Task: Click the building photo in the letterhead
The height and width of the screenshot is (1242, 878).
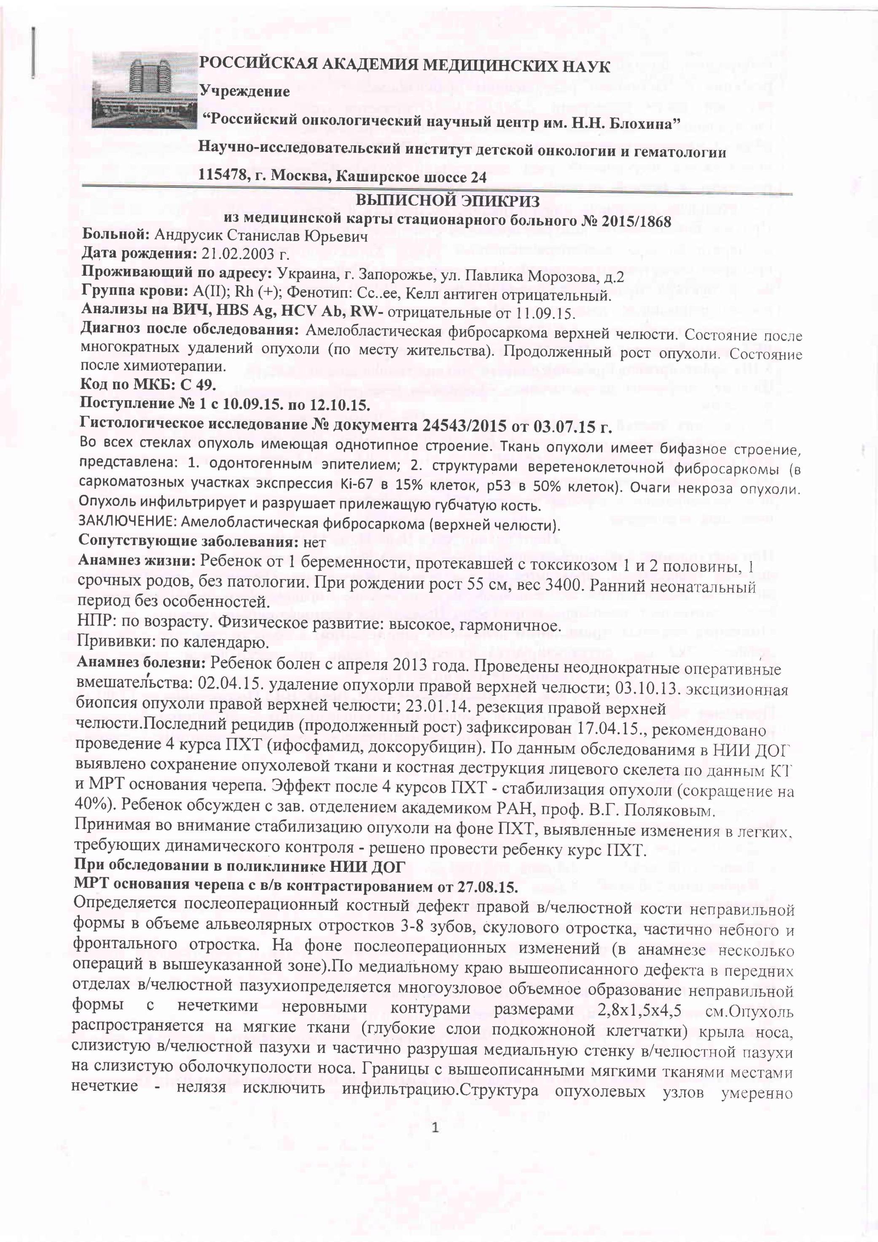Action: pyautogui.click(x=145, y=90)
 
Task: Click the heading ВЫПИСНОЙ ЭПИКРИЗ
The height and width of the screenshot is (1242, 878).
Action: pyautogui.click(x=447, y=201)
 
